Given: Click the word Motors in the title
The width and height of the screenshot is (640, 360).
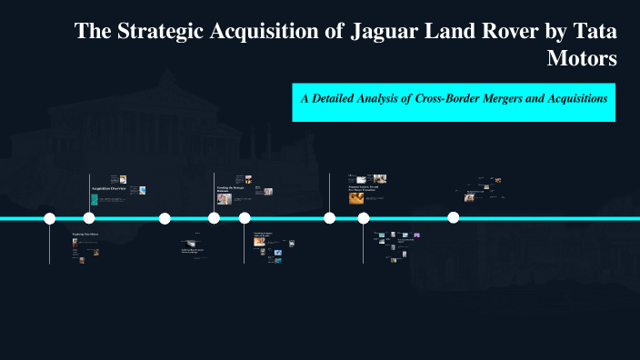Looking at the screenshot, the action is point(582,59).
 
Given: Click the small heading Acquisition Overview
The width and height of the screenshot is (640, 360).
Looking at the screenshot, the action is point(109,188).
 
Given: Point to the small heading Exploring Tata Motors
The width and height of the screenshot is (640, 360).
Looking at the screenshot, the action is point(85,235).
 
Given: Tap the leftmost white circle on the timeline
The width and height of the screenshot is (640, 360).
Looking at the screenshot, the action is point(50,218).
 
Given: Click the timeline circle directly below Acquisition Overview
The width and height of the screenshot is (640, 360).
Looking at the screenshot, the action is point(89,218).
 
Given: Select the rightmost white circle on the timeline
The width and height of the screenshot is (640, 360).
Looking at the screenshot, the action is point(454,217).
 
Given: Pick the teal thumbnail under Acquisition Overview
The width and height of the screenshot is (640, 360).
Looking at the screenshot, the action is point(95,199).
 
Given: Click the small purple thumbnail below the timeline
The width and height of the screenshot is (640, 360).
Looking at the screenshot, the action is point(416,235).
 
